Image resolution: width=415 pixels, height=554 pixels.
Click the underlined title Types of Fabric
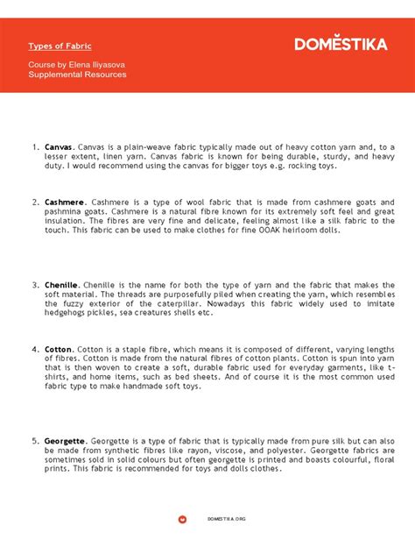point(60,45)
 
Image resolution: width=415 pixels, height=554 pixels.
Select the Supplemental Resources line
point(77,75)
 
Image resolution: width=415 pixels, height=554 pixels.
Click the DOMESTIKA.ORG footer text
point(227,519)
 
